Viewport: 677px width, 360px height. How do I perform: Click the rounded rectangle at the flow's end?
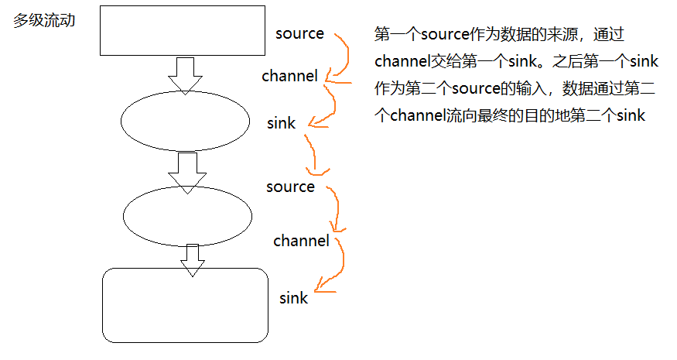click(x=185, y=305)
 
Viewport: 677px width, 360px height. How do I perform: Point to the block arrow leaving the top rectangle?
click(x=185, y=74)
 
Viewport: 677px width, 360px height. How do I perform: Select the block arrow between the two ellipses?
click(x=186, y=172)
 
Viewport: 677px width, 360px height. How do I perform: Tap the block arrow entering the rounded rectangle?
click(x=192, y=260)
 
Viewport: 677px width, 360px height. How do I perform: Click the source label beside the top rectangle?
click(x=299, y=33)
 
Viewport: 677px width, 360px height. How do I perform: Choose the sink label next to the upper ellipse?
click(x=281, y=123)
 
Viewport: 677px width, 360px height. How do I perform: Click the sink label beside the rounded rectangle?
click(x=294, y=298)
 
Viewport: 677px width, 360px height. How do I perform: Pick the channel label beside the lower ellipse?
click(x=301, y=241)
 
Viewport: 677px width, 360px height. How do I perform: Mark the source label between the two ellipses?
click(x=290, y=187)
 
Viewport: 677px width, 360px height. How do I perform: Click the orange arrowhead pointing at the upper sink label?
click(x=312, y=122)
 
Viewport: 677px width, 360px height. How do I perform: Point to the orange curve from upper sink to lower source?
click(x=313, y=155)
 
